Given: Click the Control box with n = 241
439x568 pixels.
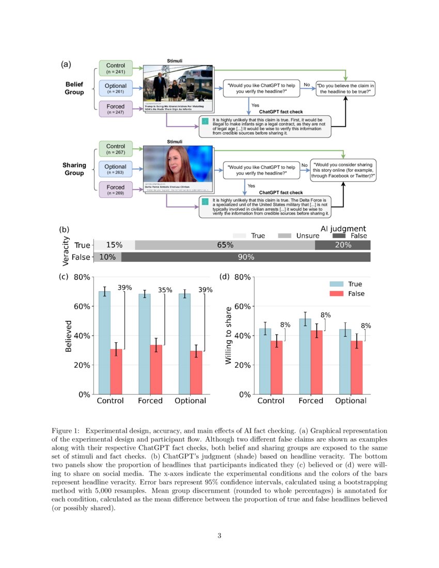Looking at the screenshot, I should pyautogui.click(x=116, y=69).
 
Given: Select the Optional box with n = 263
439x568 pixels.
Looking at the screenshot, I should pyautogui.click(x=116, y=170).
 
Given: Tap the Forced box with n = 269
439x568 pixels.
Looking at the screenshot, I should pyautogui.click(x=116, y=190).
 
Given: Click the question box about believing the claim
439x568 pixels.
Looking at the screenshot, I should pyautogui.click(x=346, y=88).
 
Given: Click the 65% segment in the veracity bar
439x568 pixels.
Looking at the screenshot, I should pyautogui.click(x=225, y=245).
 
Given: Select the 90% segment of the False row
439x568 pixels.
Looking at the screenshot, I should pyautogui.click(x=246, y=257).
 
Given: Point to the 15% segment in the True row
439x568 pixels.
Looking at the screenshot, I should pyautogui.click(x=114, y=245).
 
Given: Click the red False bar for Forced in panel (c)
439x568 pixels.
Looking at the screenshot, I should pyautogui.click(x=156, y=370).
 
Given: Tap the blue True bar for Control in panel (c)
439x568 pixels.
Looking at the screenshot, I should pyautogui.click(x=104, y=343).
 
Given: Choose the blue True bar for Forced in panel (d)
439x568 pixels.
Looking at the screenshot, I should pyautogui.click(x=306, y=356).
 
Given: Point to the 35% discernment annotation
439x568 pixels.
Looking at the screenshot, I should pyautogui.click(x=165, y=290).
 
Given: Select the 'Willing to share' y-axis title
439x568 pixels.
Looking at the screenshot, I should pyautogui.click(x=229, y=336).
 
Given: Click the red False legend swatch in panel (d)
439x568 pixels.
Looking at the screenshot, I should pyautogui.click(x=336, y=293).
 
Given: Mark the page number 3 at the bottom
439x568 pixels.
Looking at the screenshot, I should pyautogui.click(x=219, y=535).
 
